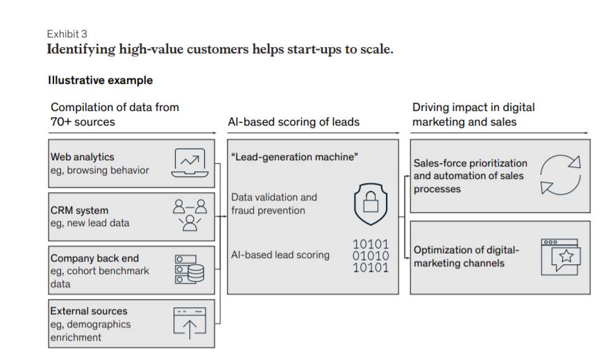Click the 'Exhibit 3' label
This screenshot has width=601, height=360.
click(67, 33)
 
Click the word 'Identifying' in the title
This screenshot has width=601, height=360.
click(80, 49)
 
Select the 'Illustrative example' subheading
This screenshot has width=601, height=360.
click(100, 80)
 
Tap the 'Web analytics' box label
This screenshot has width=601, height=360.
click(82, 157)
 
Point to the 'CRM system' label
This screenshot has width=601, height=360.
click(79, 210)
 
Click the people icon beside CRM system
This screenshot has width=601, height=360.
click(189, 214)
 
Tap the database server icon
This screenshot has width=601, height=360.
click(189, 268)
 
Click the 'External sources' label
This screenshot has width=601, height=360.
click(89, 311)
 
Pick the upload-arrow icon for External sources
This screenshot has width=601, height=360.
click(189, 323)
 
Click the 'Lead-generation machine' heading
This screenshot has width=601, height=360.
click(294, 157)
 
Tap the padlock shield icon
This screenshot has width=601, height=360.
click(370, 203)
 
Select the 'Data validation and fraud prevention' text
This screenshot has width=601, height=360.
click(273, 203)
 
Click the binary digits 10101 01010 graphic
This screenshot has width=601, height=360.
click(371, 255)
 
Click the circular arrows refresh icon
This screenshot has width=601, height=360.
click(560, 175)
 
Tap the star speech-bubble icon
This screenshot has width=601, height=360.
click(560, 257)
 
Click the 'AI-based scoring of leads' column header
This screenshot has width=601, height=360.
click(294, 121)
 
